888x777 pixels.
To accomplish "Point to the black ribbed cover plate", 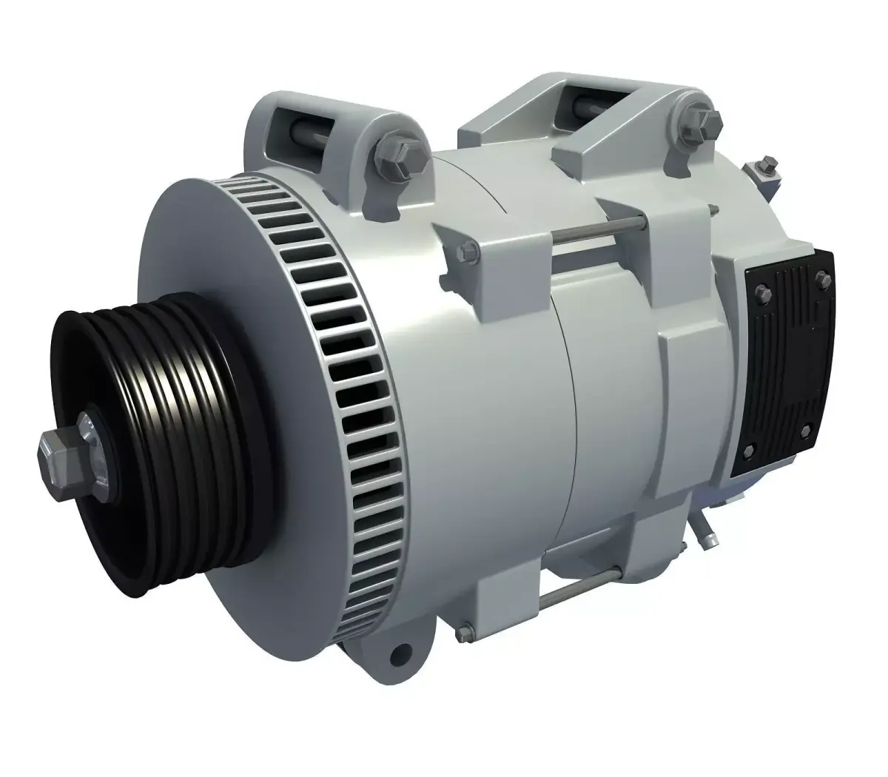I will pos(784,363).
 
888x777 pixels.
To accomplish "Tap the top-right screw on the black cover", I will pos(819,278).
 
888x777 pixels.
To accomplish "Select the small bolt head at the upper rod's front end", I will pos(468,253).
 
